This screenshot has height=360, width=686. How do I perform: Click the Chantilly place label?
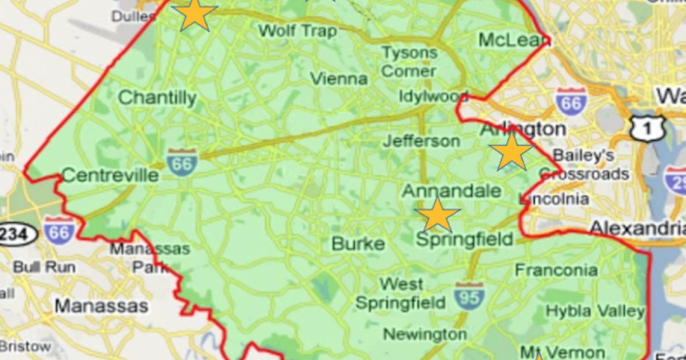tap(157, 98)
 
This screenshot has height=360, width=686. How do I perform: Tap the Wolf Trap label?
tap(297, 30)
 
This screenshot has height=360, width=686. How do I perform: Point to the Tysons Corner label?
tap(409, 62)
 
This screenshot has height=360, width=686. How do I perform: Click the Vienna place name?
tap(339, 78)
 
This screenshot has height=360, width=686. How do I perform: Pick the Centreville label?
tap(110, 174)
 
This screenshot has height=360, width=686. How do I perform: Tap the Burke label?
tap(358, 244)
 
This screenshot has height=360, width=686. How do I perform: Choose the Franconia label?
tap(556, 269)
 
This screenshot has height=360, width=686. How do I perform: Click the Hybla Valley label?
tap(595, 311)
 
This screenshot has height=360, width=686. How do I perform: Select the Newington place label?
tap(425, 334)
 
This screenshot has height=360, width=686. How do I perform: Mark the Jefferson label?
tap(421, 141)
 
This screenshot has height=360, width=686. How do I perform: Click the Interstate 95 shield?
tap(469, 295)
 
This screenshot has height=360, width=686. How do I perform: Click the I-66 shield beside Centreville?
tap(182, 162)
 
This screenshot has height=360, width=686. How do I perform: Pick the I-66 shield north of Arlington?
tap(571, 102)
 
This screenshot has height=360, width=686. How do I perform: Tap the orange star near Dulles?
tap(194, 14)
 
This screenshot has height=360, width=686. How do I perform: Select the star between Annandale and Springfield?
tap(438, 215)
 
